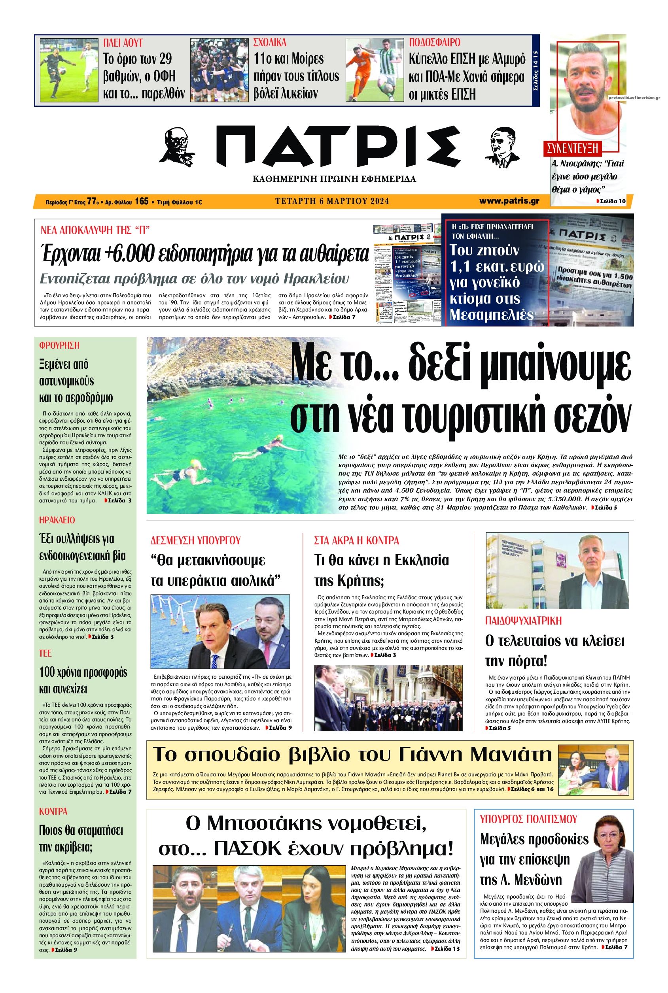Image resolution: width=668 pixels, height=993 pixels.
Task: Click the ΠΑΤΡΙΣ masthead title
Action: [x=338, y=147]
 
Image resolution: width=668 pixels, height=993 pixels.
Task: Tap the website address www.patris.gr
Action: [x=509, y=200]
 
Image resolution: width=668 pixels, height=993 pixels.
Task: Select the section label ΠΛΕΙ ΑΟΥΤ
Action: [x=123, y=43]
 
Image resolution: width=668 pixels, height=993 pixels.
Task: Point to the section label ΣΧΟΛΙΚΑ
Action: [x=270, y=43]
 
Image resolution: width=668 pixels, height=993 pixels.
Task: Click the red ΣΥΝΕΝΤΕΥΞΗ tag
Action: [x=573, y=149]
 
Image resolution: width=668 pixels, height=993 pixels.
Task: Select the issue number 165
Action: [x=142, y=201]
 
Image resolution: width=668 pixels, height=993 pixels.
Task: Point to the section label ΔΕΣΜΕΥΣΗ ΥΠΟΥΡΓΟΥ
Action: [x=195, y=541]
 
